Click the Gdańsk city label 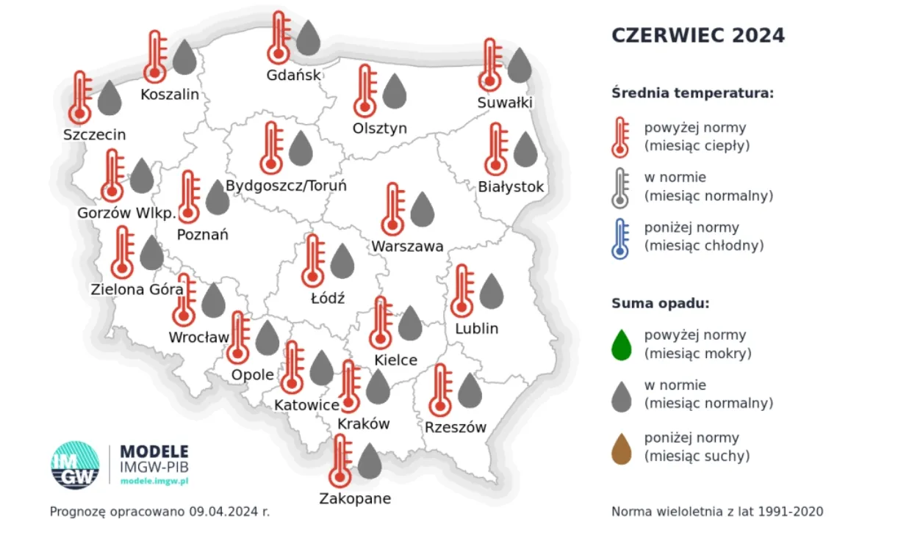pyautogui.click(x=294, y=75)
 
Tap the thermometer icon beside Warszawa pyautogui.click(x=393, y=209)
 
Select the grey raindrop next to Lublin pyautogui.click(x=492, y=291)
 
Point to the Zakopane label pyautogui.click(x=355, y=499)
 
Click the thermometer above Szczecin pyautogui.click(x=80, y=98)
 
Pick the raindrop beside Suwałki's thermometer pyautogui.click(x=520, y=65)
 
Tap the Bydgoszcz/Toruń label pyautogui.click(x=286, y=186)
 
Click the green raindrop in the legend pyautogui.click(x=622, y=345)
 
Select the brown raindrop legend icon pyautogui.click(x=622, y=448)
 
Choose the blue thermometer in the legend pyautogui.click(x=621, y=238)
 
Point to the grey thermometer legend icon pyautogui.click(x=621, y=188)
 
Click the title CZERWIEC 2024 pyautogui.click(x=698, y=35)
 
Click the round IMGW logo pyautogui.click(x=75, y=465)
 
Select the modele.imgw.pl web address pyautogui.click(x=154, y=480)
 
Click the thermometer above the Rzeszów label pyautogui.click(x=441, y=390)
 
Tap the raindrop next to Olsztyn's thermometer pyautogui.click(x=395, y=91)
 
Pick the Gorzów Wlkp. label pyautogui.click(x=126, y=214)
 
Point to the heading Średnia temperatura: pyautogui.click(x=693, y=93)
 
